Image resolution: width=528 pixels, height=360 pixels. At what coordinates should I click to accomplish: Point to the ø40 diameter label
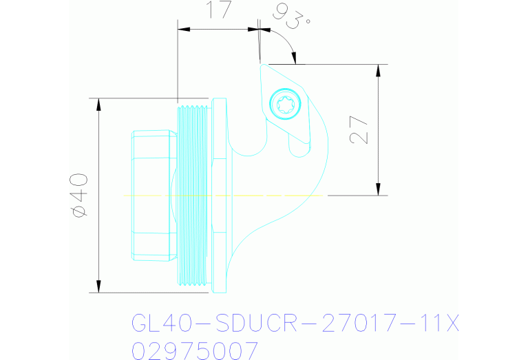(x=78, y=195)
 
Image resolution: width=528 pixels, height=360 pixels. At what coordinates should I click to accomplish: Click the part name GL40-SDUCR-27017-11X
(x=295, y=323)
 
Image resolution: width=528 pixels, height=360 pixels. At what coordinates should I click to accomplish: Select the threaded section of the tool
(x=192, y=195)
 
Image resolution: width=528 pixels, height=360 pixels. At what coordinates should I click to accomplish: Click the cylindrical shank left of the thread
(x=151, y=195)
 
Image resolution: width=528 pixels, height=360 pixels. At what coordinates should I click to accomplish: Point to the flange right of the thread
(x=220, y=195)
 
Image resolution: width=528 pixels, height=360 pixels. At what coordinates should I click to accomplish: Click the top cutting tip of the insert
(x=261, y=65)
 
